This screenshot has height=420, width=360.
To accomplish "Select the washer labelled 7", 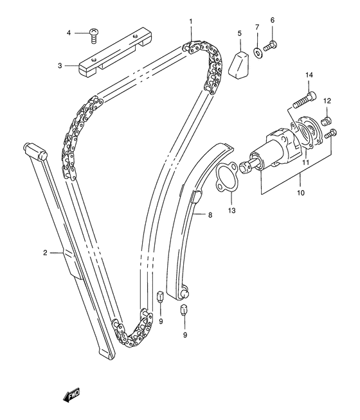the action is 258,53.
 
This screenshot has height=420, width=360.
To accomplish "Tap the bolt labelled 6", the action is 270,46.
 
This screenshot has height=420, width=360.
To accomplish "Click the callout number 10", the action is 301,192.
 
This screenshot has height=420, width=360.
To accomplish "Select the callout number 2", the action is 45,252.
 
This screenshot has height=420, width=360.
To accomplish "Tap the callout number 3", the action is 60,66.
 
